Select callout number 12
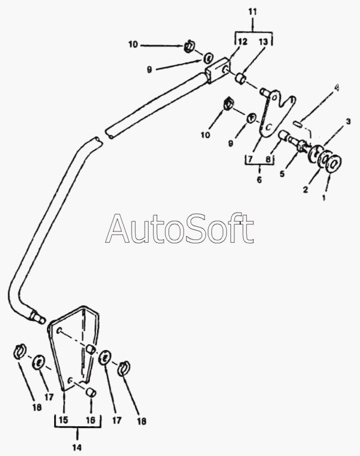click(x=242, y=41)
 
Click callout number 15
click(x=64, y=420)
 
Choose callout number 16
click(x=90, y=420)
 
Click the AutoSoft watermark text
click(x=180, y=230)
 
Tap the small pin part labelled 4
click(x=303, y=126)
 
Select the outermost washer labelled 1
click(x=334, y=163)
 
